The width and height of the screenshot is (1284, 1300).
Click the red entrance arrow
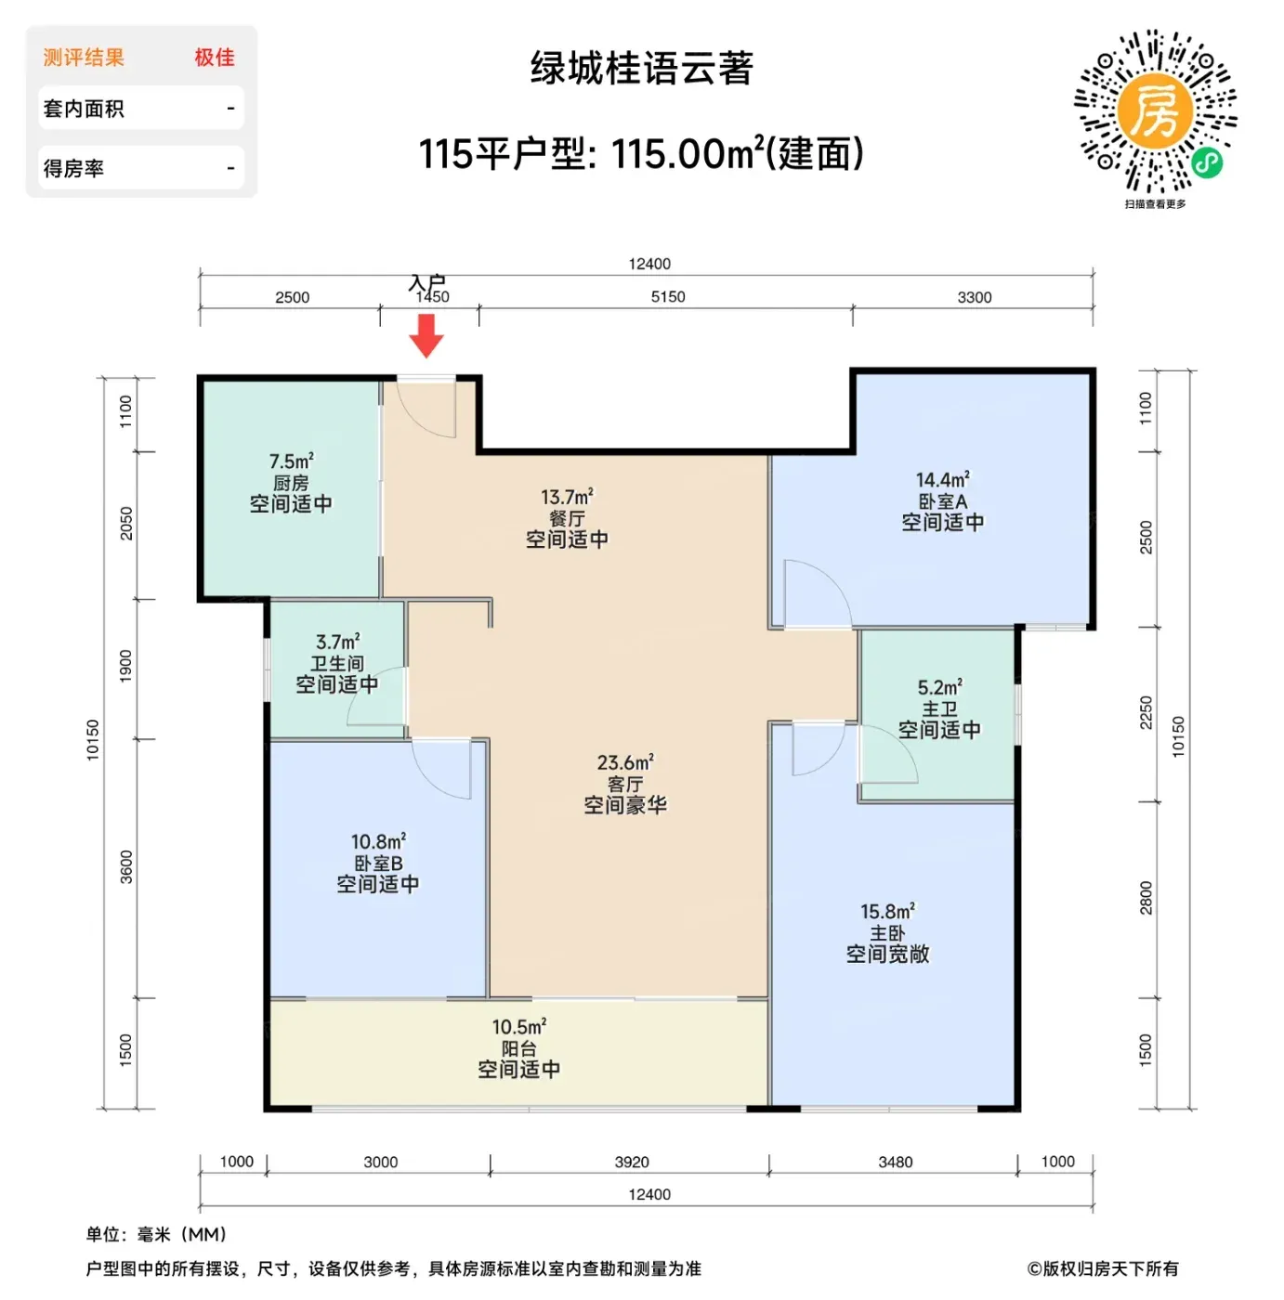tap(426, 335)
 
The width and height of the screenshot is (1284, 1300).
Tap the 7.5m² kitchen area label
tap(291, 461)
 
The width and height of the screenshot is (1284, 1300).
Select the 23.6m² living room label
tap(625, 762)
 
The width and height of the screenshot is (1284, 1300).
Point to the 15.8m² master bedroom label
tap(887, 912)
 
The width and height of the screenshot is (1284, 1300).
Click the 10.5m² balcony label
tap(519, 1027)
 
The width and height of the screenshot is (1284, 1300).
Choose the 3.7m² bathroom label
tap(337, 642)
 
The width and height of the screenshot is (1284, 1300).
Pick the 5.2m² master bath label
tap(939, 687)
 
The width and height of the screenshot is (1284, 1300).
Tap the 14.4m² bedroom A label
tap(942, 480)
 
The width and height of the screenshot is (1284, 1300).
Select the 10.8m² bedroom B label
tap(378, 841)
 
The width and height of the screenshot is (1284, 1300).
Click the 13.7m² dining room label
tap(567, 497)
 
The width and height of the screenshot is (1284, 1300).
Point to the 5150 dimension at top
tap(668, 297)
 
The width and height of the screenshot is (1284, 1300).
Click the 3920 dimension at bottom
tap(632, 1162)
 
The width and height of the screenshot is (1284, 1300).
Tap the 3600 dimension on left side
tap(126, 867)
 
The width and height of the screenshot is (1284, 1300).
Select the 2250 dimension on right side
tap(1146, 713)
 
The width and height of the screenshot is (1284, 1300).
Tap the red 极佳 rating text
tap(215, 58)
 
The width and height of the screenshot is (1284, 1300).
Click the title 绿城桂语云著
tap(641, 68)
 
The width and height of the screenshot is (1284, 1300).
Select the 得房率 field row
tap(141, 167)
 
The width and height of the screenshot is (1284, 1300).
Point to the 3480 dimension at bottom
tap(895, 1162)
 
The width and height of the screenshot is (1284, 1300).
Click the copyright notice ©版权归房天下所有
tap(1103, 1269)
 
